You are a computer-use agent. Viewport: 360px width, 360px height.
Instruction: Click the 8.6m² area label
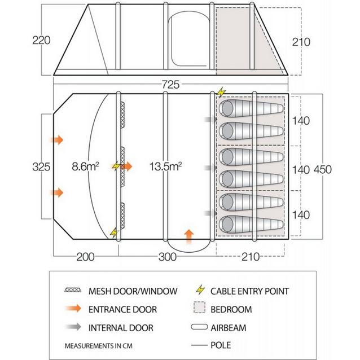pyautogui.click(x=86, y=167)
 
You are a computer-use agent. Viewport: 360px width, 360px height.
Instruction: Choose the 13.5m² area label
pyautogui.click(x=165, y=167)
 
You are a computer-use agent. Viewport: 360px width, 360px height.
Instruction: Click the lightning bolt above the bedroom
pyautogui.click(x=221, y=93)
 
